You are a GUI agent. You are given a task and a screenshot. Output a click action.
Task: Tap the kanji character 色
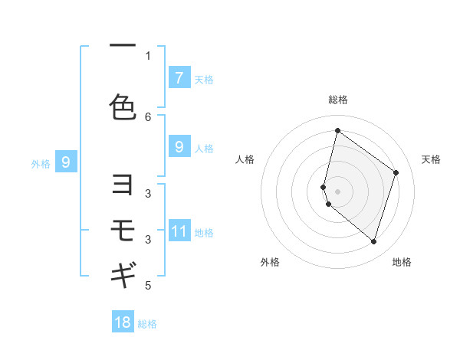coord(123,107)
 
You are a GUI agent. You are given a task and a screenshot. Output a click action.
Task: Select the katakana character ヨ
coord(123,185)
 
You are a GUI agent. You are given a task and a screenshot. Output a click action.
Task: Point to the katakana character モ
coord(123,229)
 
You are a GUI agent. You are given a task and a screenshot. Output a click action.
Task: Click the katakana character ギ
coord(123,273)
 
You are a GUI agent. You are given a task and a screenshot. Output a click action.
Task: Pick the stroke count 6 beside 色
coord(148,116)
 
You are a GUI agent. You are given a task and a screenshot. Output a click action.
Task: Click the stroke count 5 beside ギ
coord(148,286)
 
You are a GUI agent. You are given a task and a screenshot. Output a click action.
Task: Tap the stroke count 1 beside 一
coord(148,55)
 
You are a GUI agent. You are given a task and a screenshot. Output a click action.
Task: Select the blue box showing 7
coord(179,78)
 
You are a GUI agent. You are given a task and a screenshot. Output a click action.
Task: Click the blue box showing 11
coord(179,231)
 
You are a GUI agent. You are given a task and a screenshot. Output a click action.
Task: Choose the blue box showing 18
coord(123,322)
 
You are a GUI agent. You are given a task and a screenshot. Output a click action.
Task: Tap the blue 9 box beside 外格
coord(66,162)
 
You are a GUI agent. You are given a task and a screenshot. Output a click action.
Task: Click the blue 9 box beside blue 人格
coord(179,147)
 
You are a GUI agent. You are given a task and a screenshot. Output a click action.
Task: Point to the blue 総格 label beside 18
coord(147,324)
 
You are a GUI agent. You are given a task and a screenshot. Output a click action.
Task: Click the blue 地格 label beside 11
coord(204,233)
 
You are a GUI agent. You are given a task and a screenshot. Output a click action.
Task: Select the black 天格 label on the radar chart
coord(431,159)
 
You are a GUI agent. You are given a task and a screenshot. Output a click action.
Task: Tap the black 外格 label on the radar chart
coord(269,263)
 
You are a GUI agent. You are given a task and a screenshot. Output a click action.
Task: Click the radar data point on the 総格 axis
coord(337,131)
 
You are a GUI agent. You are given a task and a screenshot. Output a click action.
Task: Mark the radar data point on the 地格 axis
coord(373,242)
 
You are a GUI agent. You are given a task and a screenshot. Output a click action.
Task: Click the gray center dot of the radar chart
coord(337,191)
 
